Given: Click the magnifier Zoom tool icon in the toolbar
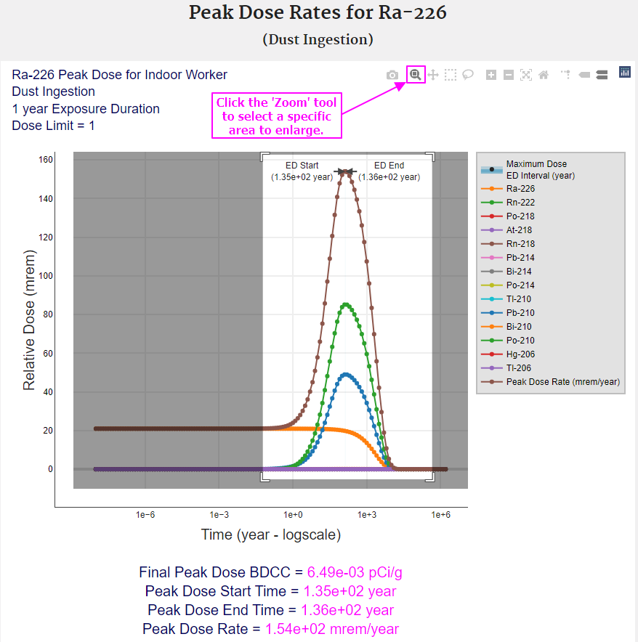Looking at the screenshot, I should click(416, 74).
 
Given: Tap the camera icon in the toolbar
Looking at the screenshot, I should click(392, 75).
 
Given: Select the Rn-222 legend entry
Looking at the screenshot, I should click(520, 202).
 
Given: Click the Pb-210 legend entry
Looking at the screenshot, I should click(520, 313).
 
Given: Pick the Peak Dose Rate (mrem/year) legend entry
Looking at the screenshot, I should click(562, 382).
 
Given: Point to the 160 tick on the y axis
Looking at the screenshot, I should click(45, 160).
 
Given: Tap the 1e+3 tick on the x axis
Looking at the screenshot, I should click(366, 515).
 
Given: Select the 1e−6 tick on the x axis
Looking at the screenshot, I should click(145, 515).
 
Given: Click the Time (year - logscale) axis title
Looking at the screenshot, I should click(271, 535).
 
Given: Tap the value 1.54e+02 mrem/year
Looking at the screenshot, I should click(332, 629).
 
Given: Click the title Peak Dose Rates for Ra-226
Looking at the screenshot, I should click(318, 13).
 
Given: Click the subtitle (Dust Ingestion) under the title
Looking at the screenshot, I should click(318, 39).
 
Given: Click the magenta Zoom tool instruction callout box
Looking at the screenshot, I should click(276, 116).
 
